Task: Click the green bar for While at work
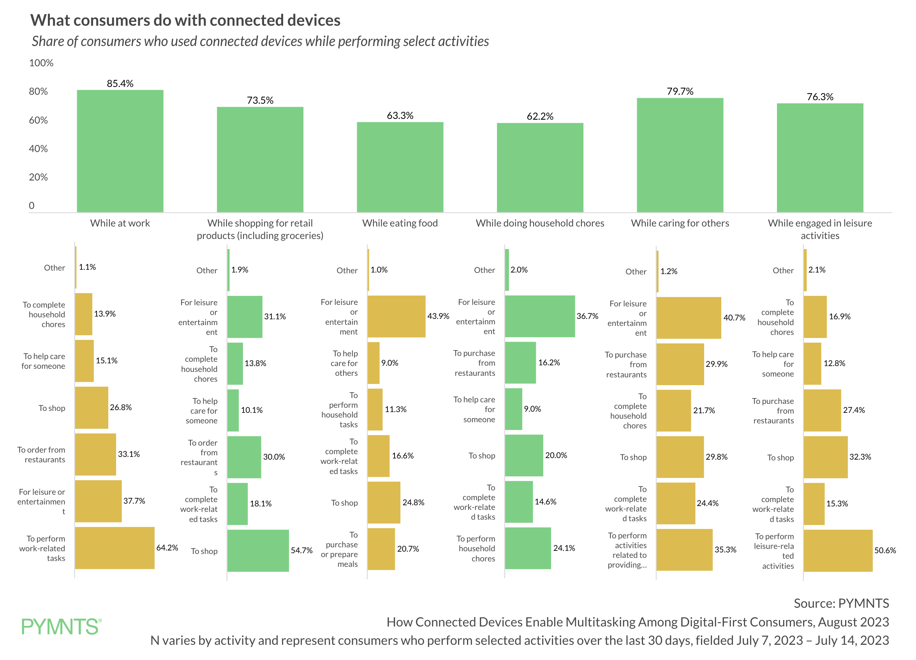120,151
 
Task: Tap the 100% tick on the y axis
41,63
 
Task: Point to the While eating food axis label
400,223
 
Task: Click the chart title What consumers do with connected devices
185,20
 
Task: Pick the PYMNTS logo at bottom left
61,626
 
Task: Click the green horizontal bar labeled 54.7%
258,550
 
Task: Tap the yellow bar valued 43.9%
396,316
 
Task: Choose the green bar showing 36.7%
539,316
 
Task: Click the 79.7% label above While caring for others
680,91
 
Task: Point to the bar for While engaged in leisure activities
819,157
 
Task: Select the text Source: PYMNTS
840,603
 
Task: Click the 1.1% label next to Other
87,267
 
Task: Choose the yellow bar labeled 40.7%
688,318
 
